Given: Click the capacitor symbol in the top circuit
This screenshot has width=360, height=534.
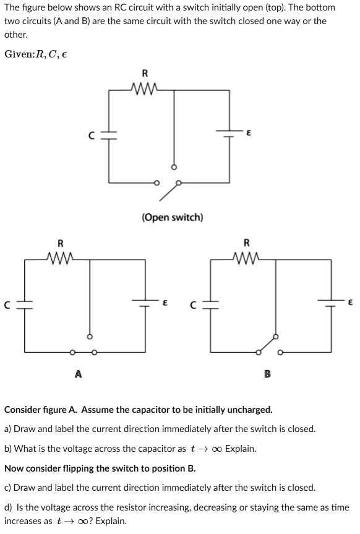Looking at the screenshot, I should coord(109,135).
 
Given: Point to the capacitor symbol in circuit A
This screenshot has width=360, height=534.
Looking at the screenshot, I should coord(25,304).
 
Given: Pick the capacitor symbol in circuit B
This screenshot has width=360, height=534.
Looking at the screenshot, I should coord(211,304).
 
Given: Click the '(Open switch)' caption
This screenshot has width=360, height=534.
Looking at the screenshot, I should coord(173,218).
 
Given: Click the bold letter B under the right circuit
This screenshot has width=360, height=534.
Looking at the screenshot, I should coord(267,373).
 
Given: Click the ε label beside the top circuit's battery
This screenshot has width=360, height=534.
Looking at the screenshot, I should coord(248,132).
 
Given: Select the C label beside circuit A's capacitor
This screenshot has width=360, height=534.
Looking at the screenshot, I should coord(8,304).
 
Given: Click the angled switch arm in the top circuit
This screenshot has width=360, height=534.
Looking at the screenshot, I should coord(169,191).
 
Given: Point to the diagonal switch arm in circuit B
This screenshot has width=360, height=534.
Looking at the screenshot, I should coord(267,344).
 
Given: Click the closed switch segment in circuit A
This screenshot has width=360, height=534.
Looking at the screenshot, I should coord(83,352).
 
